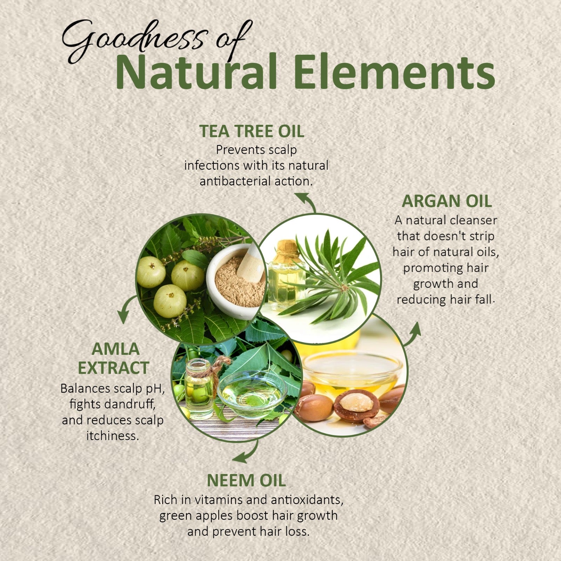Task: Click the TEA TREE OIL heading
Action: coord(252,131)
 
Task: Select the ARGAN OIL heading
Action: coord(447,201)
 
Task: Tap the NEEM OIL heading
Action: coord(246,480)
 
